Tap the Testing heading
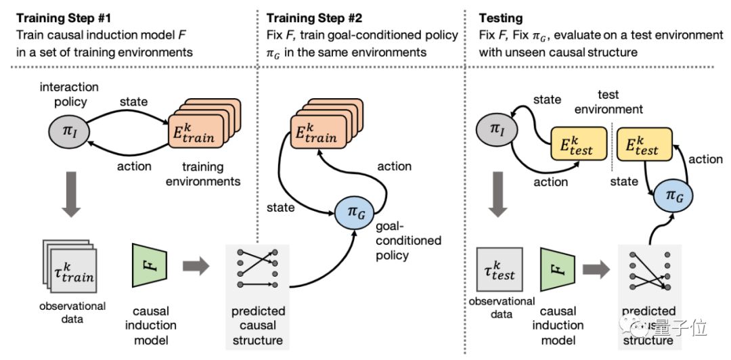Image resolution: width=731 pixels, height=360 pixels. coord(502,16)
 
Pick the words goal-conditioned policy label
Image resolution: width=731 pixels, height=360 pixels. coord(408,240)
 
